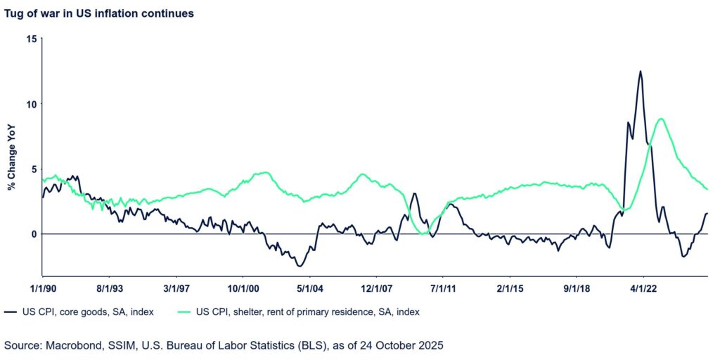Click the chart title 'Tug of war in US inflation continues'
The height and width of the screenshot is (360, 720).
[x=99, y=13]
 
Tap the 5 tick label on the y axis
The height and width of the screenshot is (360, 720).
[x=31, y=169]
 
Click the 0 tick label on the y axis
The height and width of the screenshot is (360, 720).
[x=31, y=234]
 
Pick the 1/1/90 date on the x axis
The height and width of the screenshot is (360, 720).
[x=42, y=288]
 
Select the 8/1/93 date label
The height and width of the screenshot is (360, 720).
[x=110, y=288]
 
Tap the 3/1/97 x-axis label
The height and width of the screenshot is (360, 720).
[x=176, y=288]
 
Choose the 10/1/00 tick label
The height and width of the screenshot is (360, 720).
[x=243, y=288]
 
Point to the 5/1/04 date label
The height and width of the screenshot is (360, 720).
[x=310, y=288]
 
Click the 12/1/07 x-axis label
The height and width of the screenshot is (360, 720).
[x=377, y=288]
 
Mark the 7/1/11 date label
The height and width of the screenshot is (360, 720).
[x=444, y=288]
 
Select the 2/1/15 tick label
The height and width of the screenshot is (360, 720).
[x=510, y=288]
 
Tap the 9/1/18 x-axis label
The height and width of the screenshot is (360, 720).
[x=577, y=288]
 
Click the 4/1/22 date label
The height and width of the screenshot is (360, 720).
[x=644, y=288]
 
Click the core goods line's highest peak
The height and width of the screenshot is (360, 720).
[x=640, y=71]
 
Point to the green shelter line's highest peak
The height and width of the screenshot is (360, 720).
[x=660, y=119]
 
